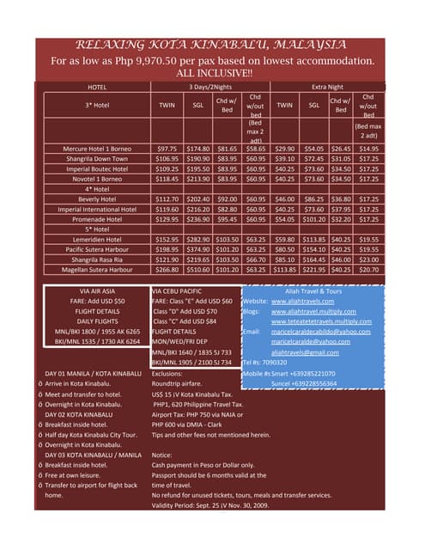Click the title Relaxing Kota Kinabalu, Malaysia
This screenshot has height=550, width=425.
pyautogui.click(x=211, y=45)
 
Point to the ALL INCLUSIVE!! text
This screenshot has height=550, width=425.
pyautogui.click(x=211, y=73)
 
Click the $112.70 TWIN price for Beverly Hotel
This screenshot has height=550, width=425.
pyautogui.click(x=167, y=199)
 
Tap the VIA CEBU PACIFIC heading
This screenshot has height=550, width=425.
pyautogui.click(x=185, y=292)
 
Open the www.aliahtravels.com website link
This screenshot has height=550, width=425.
pyautogui.click(x=301, y=302)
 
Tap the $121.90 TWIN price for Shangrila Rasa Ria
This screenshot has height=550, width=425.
pyautogui.click(x=167, y=259)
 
